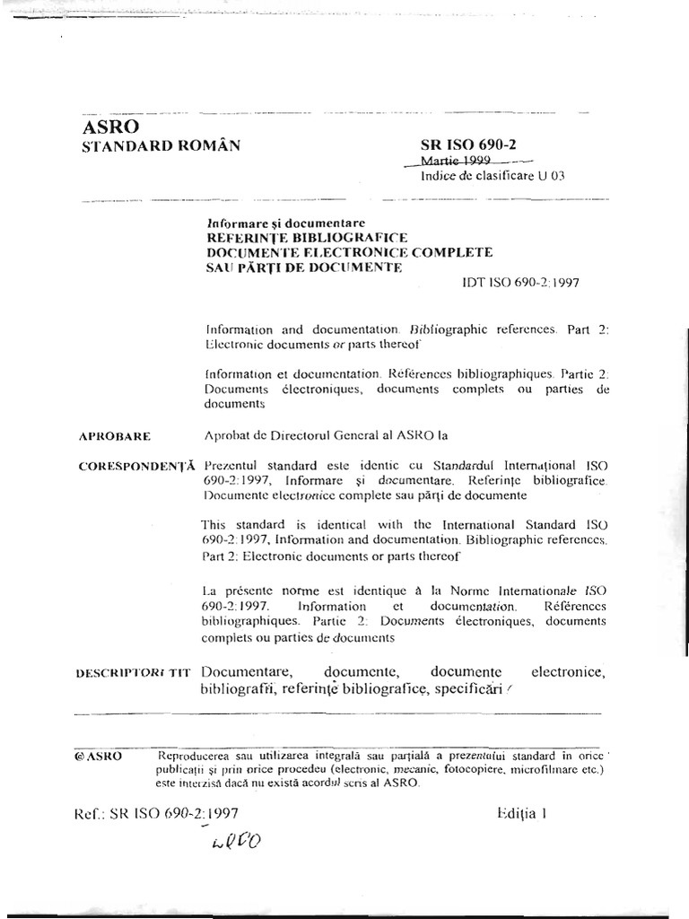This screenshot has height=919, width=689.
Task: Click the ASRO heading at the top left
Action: (x=109, y=127)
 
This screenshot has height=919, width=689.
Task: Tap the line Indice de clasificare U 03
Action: (x=493, y=176)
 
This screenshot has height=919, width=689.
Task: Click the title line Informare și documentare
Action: (x=285, y=223)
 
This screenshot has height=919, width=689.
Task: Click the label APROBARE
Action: (x=114, y=437)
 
